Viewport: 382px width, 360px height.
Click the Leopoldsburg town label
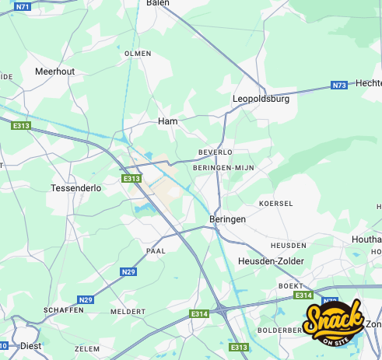click(x=261, y=100)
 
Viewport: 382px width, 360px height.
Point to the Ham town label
click(x=168, y=121)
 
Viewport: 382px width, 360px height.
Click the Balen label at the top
click(x=158, y=3)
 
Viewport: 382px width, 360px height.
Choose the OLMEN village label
click(x=138, y=54)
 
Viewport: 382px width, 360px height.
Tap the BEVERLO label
click(x=216, y=152)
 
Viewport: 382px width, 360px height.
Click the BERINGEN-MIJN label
click(x=223, y=167)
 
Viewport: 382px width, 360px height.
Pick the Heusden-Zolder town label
click(x=272, y=261)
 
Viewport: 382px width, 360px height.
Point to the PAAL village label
click(x=156, y=251)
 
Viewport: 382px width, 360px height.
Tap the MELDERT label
click(x=128, y=311)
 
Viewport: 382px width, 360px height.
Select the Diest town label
click(x=30, y=346)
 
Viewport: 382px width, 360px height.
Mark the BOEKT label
click(x=290, y=286)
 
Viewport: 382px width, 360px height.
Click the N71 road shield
click(x=23, y=6)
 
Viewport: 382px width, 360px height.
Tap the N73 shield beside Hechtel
click(x=338, y=85)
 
